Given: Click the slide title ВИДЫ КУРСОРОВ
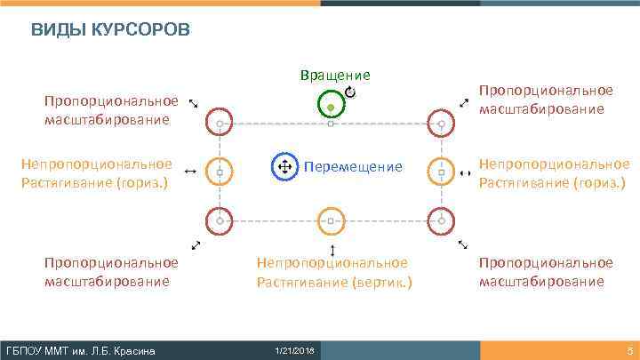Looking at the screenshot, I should click(x=110, y=31).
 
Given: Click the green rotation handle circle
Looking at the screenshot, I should click(x=331, y=107).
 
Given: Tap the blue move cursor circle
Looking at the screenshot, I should click(x=284, y=167).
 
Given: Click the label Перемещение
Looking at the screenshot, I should click(x=353, y=167).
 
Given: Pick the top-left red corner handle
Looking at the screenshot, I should click(x=220, y=123).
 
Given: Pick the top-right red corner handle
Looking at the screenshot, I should click(x=441, y=123).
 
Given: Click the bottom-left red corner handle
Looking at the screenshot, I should click(x=220, y=218).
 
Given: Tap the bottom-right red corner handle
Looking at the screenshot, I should click(x=441, y=218).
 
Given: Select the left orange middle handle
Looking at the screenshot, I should click(x=220, y=170).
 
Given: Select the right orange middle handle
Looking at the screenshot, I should click(x=441, y=170).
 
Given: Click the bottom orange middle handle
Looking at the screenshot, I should click(x=331, y=218).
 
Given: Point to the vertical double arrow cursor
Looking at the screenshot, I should click(x=332, y=250).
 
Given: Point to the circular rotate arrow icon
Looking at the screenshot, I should click(x=350, y=92).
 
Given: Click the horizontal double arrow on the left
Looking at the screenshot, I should click(x=189, y=172).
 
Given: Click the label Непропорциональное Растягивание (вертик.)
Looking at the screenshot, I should click(x=333, y=272).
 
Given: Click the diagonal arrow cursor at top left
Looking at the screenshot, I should click(x=194, y=104).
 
